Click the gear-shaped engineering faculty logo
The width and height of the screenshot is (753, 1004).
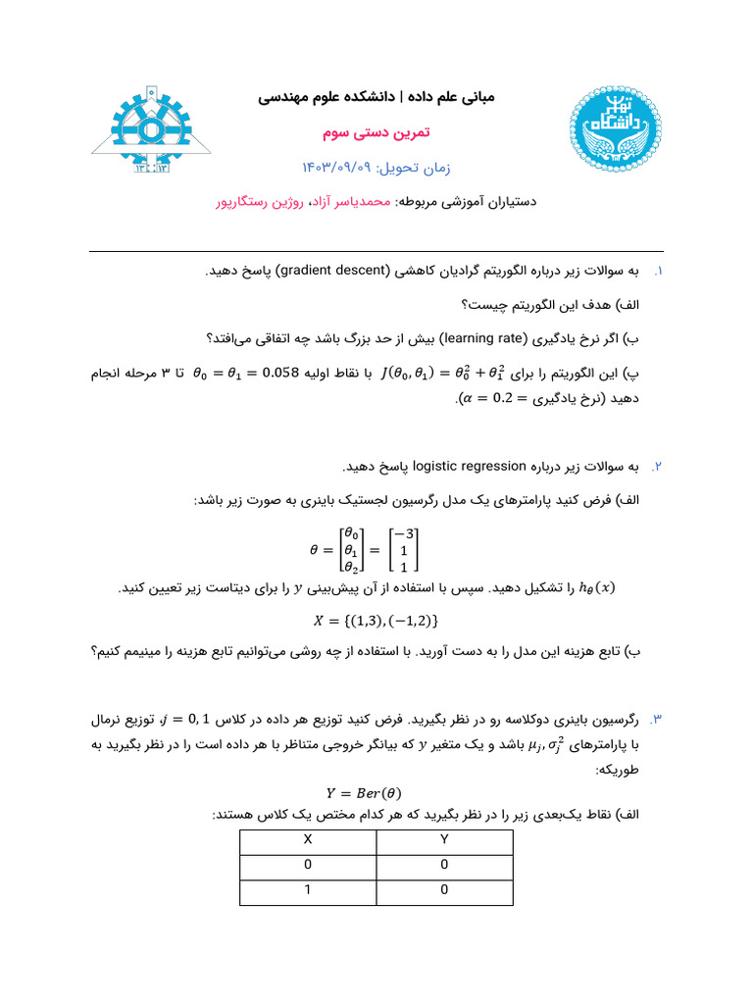click(x=146, y=128)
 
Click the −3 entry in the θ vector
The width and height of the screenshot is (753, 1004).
click(x=404, y=533)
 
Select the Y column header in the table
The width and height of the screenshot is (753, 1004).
click(x=444, y=840)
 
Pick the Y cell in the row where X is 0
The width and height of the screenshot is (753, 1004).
click(x=444, y=865)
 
